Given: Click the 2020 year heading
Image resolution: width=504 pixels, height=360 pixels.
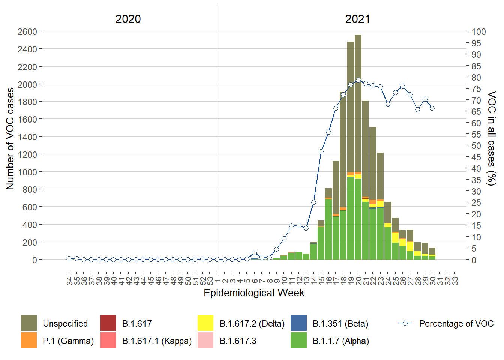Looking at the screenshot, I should pos(128,19).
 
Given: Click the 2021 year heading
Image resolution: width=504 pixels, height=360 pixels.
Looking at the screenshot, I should pos(357,19).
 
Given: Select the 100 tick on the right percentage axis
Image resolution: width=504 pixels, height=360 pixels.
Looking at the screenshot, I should pos(478,32).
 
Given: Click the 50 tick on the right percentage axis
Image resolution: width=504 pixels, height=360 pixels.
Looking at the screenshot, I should pos(476,146).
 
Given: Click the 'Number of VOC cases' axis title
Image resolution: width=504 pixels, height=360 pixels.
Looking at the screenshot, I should pos(10,139).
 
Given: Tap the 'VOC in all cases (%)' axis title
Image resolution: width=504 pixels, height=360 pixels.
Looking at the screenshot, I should pos(492,138).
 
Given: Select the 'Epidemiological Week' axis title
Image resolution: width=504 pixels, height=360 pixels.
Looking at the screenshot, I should pos(254,293).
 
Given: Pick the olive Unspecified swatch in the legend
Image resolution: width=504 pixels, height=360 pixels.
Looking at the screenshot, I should pos(29,323).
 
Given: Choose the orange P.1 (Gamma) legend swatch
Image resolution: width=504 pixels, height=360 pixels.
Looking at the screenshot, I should pos(29,340).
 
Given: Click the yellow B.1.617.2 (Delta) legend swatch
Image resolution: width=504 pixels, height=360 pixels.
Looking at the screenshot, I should pos(205,323).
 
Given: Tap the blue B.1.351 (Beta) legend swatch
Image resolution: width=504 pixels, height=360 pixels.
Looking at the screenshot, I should pos(298,323).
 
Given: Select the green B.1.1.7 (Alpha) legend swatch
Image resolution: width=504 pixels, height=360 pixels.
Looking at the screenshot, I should pos(298,340).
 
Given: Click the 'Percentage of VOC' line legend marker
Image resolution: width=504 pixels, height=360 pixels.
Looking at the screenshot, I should pos(405,323).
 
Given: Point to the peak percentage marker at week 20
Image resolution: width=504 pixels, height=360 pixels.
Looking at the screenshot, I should pos(358,80).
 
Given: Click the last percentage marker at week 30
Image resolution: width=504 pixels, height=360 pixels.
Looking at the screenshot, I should pos(432,108).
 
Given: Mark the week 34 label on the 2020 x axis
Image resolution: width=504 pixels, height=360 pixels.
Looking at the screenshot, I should pos(69,280).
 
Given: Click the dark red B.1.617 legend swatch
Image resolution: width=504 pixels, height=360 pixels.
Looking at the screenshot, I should pos(108,323).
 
